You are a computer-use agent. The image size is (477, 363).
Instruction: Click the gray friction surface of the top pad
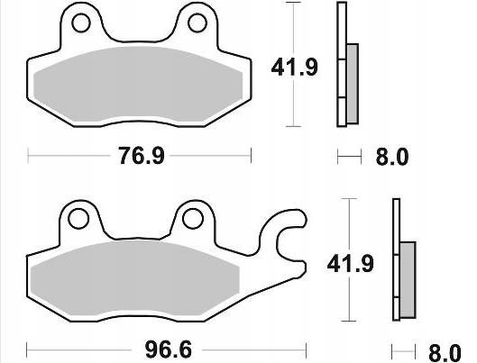click(139, 86)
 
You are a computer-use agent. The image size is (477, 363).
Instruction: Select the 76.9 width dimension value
click(141, 157)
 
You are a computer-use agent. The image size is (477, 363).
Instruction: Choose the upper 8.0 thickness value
click(390, 158)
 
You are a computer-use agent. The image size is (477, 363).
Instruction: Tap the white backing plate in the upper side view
click(341, 63)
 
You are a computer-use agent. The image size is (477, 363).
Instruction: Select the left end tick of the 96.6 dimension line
click(27, 348)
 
